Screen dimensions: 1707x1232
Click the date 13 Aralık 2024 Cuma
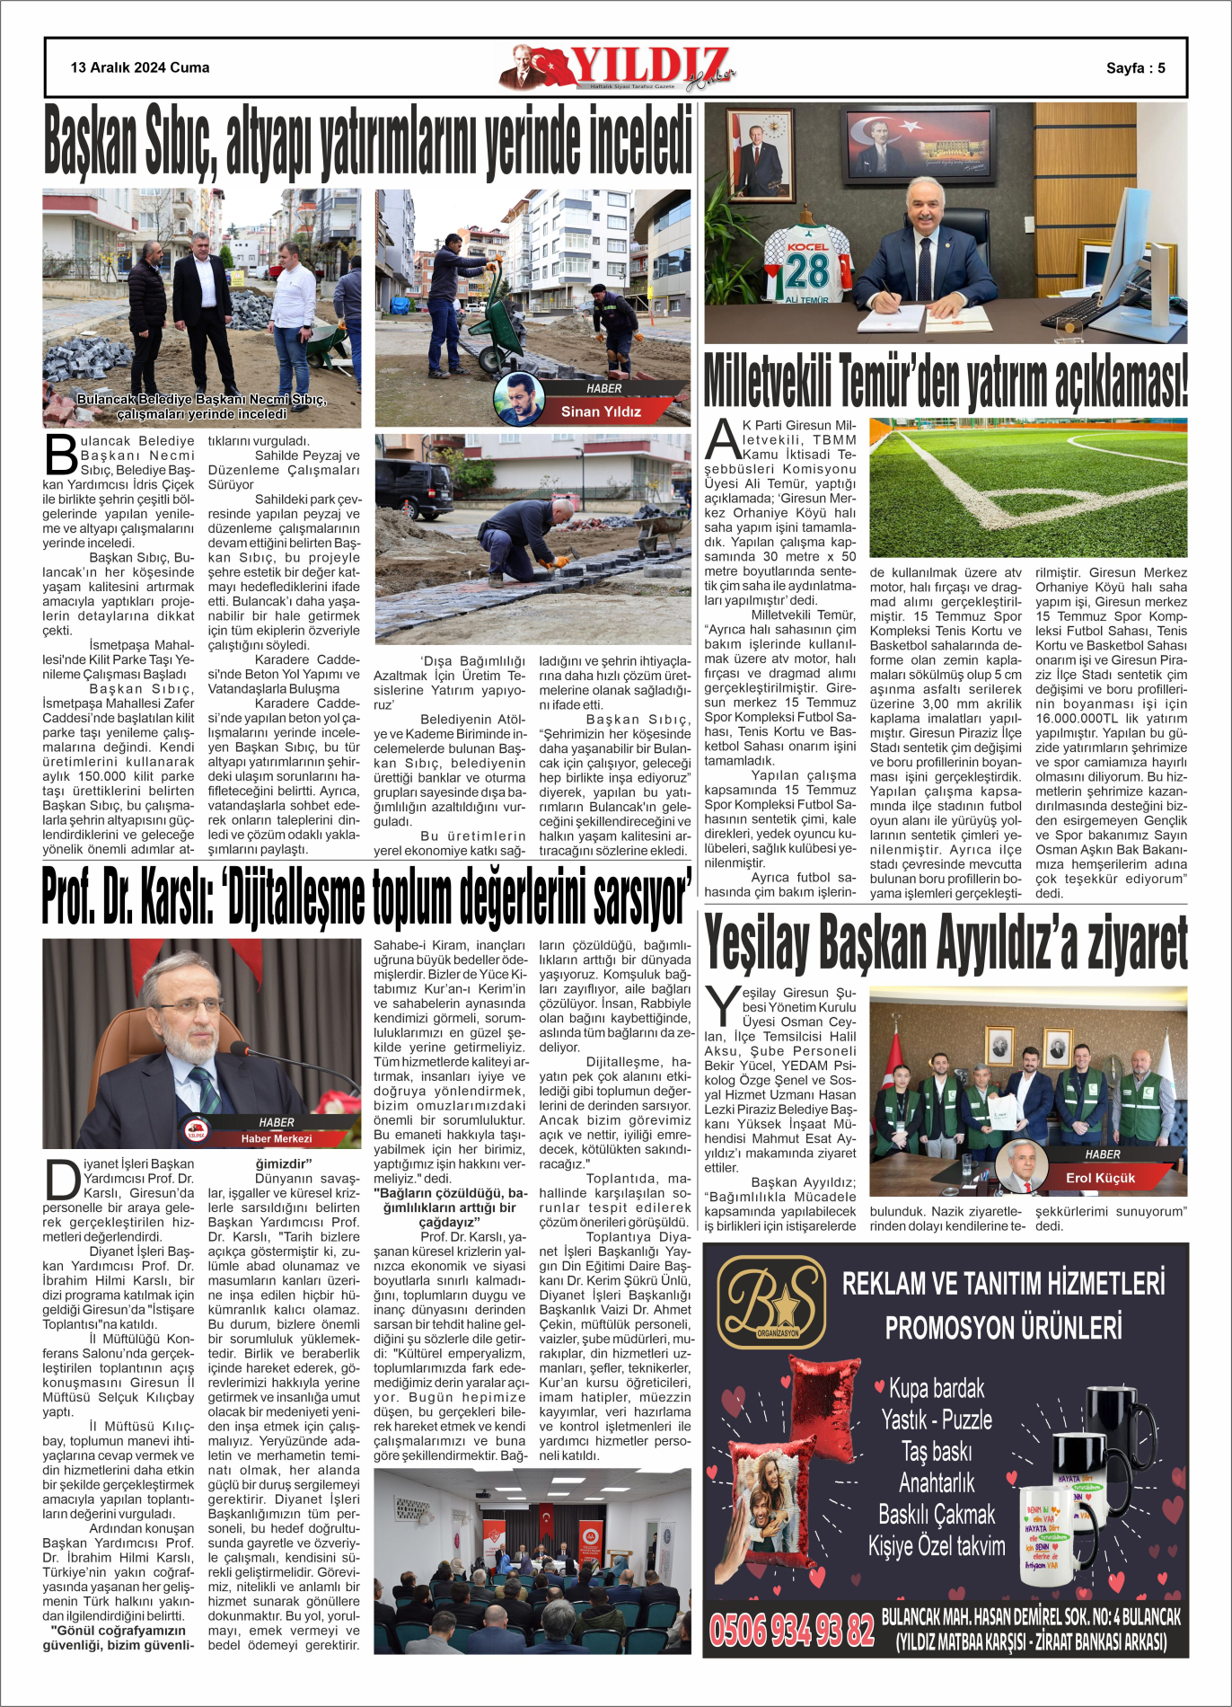(x=140, y=67)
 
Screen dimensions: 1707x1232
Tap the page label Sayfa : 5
(x=1135, y=68)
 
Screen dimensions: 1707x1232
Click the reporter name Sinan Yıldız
(x=601, y=411)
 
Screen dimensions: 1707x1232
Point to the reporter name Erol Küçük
(x=1100, y=1178)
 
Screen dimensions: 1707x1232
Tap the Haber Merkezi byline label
(x=276, y=1138)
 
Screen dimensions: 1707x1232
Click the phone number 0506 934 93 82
(x=791, y=1629)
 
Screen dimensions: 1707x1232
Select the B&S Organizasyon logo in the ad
(x=772, y=1302)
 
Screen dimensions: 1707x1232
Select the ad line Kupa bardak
(x=937, y=1388)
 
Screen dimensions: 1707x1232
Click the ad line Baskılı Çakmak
(x=937, y=1515)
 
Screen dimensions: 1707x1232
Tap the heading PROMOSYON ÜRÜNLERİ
(x=1003, y=1327)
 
